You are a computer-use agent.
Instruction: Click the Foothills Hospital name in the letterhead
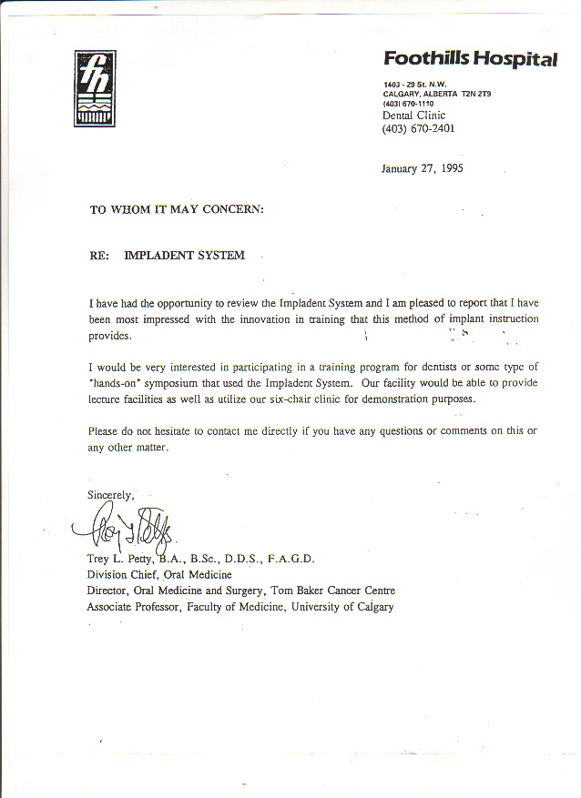(x=470, y=60)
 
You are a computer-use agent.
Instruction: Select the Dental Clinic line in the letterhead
(x=413, y=116)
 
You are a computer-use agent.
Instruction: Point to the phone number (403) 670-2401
(x=418, y=129)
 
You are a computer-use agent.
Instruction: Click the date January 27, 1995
(x=422, y=168)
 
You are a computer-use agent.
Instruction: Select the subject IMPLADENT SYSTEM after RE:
(x=184, y=256)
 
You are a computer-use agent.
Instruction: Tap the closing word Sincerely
(x=110, y=495)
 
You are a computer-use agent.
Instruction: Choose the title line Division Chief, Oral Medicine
(x=159, y=574)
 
